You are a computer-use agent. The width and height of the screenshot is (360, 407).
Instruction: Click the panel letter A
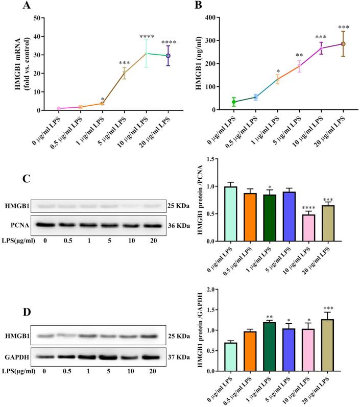[27, 5]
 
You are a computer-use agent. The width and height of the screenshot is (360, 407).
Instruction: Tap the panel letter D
[27, 312]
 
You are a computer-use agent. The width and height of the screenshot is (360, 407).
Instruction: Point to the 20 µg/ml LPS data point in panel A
[168, 56]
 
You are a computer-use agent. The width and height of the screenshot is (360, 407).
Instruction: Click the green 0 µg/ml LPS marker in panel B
[234, 102]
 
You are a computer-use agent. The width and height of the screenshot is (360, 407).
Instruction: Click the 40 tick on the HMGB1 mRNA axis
[37, 37]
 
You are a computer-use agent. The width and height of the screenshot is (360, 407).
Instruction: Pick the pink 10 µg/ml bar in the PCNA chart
[309, 228]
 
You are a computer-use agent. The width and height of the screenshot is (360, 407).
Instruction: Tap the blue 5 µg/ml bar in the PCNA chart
[289, 217]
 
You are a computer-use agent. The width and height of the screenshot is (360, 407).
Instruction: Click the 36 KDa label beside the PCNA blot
[179, 226]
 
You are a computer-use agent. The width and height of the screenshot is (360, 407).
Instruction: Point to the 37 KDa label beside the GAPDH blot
[179, 357]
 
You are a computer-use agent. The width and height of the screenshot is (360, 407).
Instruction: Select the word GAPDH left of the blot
[17, 357]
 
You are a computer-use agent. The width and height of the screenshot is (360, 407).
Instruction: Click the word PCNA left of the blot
[20, 225]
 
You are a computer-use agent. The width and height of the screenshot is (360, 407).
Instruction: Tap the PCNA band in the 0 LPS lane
[45, 225]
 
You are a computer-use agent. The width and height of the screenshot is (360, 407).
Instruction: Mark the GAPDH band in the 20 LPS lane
[151, 357]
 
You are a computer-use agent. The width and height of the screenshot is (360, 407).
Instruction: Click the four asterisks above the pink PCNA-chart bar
[309, 208]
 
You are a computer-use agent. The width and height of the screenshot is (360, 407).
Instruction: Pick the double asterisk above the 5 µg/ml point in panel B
[299, 55]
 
